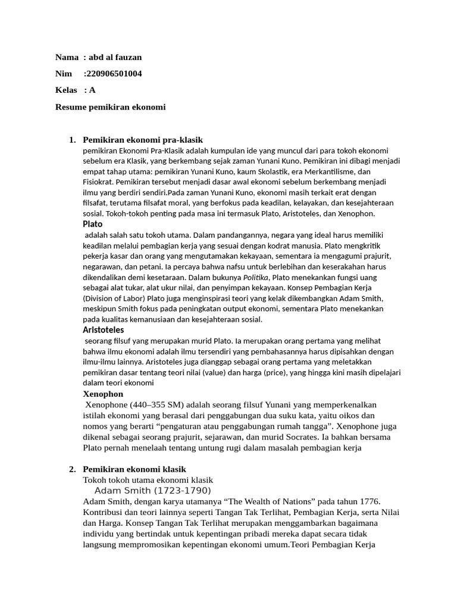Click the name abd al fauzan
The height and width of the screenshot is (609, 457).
tap(115, 57)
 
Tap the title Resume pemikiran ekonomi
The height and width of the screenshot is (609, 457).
tap(110, 107)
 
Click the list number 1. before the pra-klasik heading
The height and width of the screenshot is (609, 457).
tap(72, 140)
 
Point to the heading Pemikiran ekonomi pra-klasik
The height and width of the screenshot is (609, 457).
tap(143, 140)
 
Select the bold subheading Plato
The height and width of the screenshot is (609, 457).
tap(92, 224)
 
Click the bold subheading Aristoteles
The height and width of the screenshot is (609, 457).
tap(103, 330)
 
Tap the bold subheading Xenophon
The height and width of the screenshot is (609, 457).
tap(103, 394)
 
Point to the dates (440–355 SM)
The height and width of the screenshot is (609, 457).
tap(157, 404)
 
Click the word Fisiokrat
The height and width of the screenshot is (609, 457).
tap(99, 182)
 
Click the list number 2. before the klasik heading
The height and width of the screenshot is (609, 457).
tap(72, 469)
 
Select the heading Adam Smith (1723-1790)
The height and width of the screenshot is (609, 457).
tap(153, 491)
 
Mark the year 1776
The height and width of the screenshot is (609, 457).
tap(368, 501)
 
